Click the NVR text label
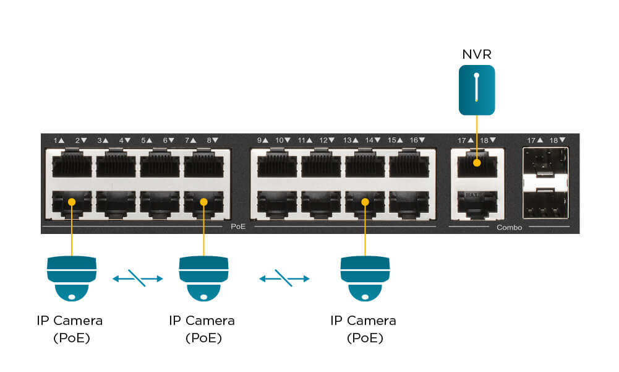point(477,54)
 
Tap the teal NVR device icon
point(477,90)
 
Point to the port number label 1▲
point(59,141)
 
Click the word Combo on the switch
point(509,228)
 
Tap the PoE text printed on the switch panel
point(238,227)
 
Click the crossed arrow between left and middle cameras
point(137,279)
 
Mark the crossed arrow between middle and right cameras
point(284,279)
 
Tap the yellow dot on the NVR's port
point(477,164)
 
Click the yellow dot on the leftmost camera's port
point(72,201)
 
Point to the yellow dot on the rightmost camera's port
point(365,201)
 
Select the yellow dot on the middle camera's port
point(203,201)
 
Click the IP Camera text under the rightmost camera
point(363,321)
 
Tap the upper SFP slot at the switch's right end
point(545,165)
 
